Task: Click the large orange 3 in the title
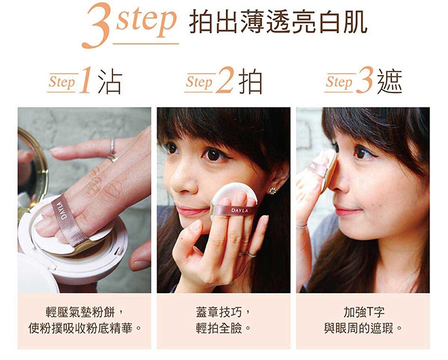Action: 96,26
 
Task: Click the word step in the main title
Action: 146,21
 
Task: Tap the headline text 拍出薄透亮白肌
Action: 278,22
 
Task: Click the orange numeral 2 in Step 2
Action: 225,81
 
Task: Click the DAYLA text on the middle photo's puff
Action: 239,210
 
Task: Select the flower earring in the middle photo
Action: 272,190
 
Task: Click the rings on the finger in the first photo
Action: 112,151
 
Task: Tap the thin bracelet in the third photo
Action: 302,227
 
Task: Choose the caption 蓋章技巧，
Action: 223,312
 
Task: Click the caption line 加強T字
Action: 363,312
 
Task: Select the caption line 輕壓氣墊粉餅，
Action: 85,312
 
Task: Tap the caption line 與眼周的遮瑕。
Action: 363,328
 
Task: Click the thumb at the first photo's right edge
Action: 140,257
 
